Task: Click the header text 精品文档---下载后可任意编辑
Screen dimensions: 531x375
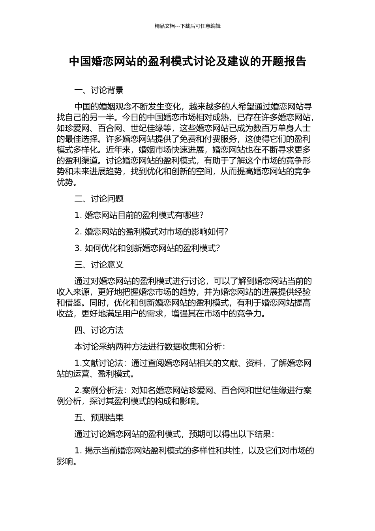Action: point(187,26)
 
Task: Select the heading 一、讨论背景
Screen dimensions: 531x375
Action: point(99,90)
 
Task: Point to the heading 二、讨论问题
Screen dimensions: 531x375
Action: point(99,199)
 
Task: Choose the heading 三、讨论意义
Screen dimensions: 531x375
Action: point(99,265)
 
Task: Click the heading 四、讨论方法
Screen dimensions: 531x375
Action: point(99,330)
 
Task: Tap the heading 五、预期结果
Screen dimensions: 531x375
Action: point(99,418)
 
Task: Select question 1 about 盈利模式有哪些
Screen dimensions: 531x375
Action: point(139,215)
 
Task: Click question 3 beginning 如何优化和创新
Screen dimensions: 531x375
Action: point(147,248)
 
